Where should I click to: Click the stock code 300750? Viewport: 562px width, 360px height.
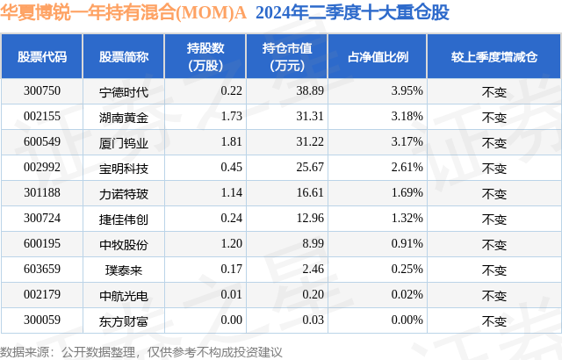[x=43, y=90]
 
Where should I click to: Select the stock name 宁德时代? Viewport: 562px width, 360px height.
[x=124, y=90]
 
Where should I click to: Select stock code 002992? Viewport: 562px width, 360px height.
[x=43, y=167]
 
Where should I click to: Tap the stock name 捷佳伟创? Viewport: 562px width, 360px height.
[x=124, y=218]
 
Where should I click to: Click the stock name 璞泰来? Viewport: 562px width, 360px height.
[x=124, y=269]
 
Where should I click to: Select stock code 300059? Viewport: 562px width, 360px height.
[x=43, y=320]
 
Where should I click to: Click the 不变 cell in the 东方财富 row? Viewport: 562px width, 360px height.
[x=494, y=320]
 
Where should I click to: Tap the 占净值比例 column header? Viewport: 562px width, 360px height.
[x=384, y=56]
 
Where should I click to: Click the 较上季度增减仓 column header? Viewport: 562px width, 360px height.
[x=494, y=56]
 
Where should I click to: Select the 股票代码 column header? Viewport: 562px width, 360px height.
[x=43, y=56]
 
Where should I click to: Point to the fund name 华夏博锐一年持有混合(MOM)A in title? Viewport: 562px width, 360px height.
[x=124, y=13]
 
